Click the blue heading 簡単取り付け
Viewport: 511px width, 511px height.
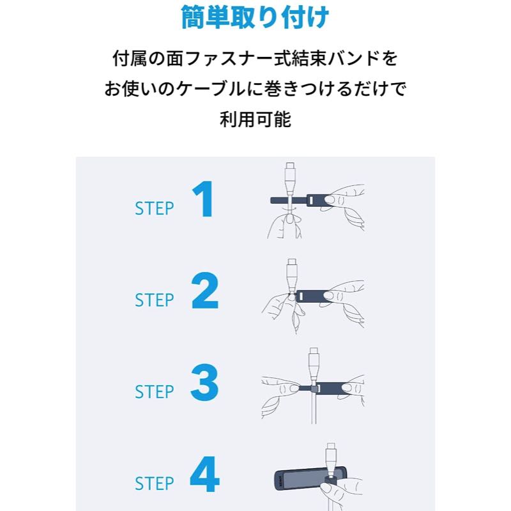click(x=255, y=17)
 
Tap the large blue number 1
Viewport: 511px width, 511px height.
click(x=203, y=199)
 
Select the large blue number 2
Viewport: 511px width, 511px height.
click(x=204, y=291)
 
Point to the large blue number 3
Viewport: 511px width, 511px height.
click(x=204, y=382)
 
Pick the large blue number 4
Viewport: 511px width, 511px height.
click(x=204, y=474)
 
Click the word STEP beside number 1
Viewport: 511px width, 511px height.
click(x=155, y=209)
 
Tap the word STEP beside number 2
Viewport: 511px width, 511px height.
click(x=155, y=300)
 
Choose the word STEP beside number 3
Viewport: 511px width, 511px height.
click(x=155, y=392)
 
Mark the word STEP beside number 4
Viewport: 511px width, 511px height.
click(x=155, y=484)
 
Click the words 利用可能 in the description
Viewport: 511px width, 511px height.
click(x=255, y=119)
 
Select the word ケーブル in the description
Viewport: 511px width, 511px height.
click(x=210, y=89)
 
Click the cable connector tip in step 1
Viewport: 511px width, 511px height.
click(x=289, y=165)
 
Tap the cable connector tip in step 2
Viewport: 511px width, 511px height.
click(x=292, y=263)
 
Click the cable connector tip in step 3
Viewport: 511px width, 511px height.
click(x=314, y=351)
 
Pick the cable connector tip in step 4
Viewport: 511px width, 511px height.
click(x=331, y=446)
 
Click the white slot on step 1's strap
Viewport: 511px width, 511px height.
click(x=312, y=199)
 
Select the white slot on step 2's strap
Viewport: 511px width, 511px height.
click(x=301, y=296)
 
